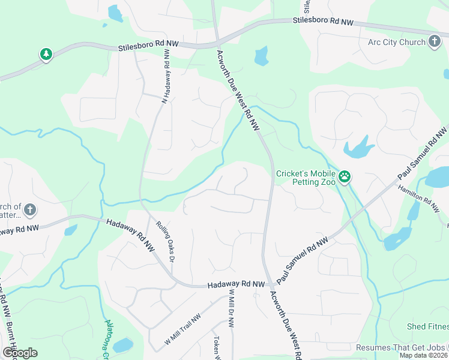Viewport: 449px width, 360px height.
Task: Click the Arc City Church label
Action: coord(396,43)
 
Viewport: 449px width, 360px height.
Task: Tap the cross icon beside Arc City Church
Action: coord(435,42)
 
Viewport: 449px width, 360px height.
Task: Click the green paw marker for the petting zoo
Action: coord(345,176)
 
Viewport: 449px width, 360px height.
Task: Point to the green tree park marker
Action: coord(46,55)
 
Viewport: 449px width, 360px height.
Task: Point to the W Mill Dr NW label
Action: coord(231,308)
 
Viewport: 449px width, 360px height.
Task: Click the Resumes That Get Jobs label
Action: coord(400,347)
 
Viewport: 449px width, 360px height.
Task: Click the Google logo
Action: coord(20,353)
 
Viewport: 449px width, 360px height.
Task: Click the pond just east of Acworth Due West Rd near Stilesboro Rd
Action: coord(261,56)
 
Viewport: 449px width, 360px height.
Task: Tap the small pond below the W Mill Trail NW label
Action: coord(123,345)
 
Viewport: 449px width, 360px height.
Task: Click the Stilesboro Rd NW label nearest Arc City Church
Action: coord(324,21)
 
